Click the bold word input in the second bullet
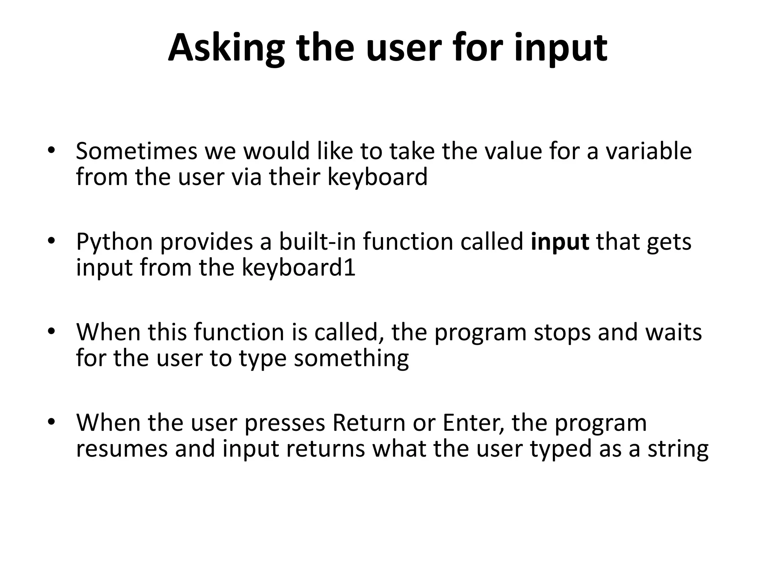[x=560, y=242]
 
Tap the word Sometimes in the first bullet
[x=136, y=151]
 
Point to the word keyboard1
[x=299, y=268]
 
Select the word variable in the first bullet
[x=648, y=151]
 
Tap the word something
[x=351, y=358]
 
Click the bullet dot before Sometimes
[x=52, y=150]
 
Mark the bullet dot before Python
[x=52, y=241]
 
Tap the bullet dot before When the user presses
[x=52, y=422]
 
